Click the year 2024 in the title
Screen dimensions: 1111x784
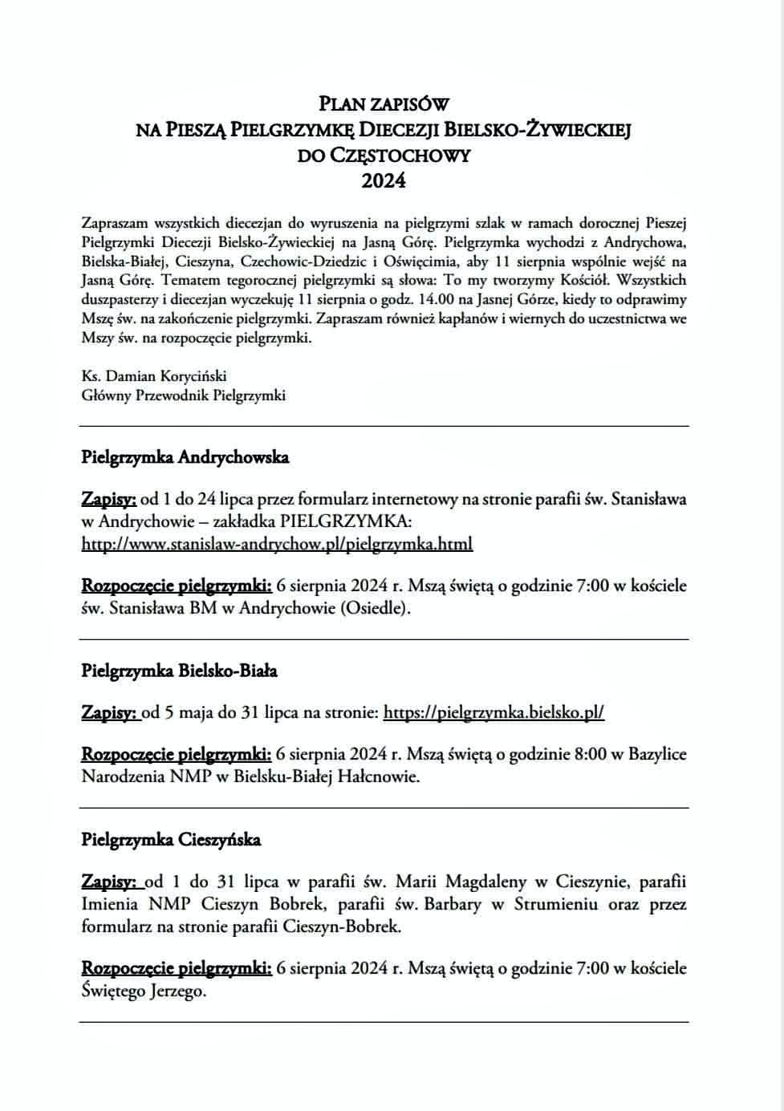tap(384, 180)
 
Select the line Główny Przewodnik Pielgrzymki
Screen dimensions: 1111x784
tap(183, 395)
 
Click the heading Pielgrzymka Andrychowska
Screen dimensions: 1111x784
tap(185, 457)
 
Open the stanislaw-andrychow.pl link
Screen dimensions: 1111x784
tap(277, 544)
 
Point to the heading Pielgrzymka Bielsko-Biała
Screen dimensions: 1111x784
tap(180, 671)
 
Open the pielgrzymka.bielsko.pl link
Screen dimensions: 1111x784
tap(494, 712)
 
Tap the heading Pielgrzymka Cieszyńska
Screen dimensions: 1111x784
tap(171, 840)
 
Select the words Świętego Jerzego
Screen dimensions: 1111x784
tap(144, 991)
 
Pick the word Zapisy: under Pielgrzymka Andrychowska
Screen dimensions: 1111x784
tap(109, 500)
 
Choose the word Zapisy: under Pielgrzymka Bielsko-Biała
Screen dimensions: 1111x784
tap(109, 712)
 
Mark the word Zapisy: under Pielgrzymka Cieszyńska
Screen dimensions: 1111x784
tap(109, 882)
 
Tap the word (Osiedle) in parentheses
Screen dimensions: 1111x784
tap(376, 608)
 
